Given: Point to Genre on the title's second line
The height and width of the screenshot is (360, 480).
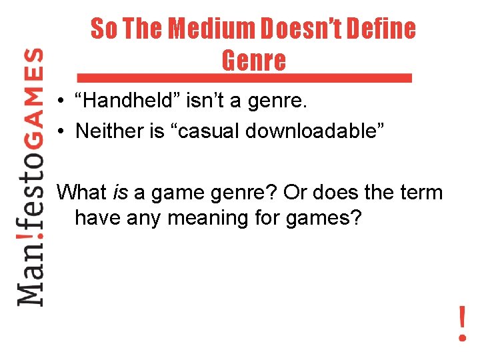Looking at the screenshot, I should [253, 61].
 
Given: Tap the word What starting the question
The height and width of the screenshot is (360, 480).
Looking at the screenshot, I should [81, 193].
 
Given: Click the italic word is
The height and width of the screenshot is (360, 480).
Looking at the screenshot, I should [119, 193].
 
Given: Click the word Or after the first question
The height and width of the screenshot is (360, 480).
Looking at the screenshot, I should [295, 193].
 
